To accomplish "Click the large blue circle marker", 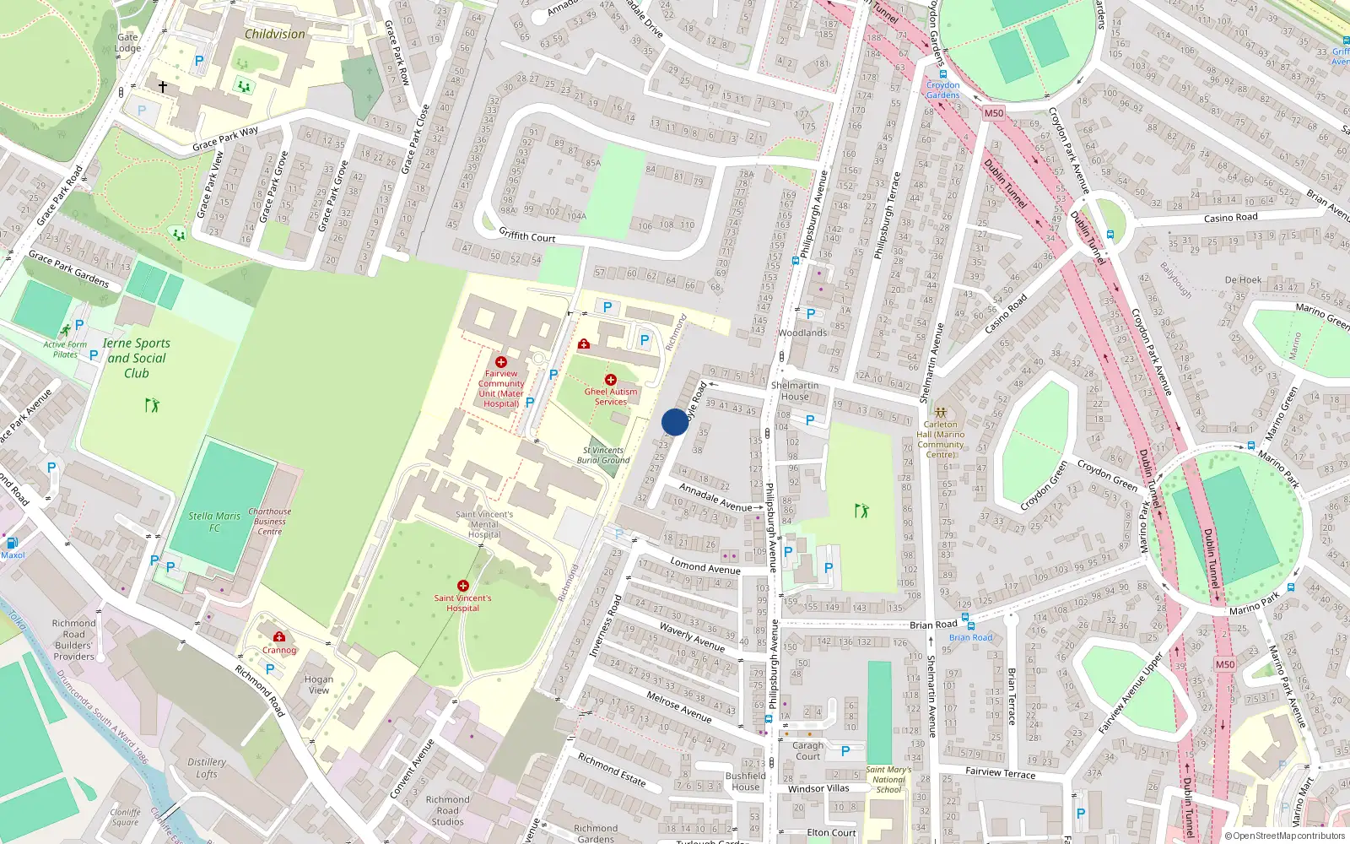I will tap(674, 422).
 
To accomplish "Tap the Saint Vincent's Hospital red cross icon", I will tap(462, 586).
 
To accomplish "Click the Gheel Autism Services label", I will tap(611, 396).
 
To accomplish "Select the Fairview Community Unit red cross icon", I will tap(501, 362).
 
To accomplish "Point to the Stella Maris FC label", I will tap(214, 522).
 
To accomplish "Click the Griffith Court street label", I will tap(527, 235).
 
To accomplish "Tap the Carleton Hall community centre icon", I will tap(940, 413).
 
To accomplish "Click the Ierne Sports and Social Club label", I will tap(137, 358).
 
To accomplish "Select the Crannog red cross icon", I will tap(279, 637).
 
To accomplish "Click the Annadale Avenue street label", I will tap(715, 498).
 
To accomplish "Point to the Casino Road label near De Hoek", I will tap(1230, 218).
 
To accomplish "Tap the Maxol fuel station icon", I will tap(12, 543).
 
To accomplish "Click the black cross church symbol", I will tap(163, 86).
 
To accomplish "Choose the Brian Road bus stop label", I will tap(971, 637).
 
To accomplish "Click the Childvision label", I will tap(275, 35).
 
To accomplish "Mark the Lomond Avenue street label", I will tap(705, 565).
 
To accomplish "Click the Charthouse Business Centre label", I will tap(270, 522).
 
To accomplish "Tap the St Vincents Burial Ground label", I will tap(603, 455).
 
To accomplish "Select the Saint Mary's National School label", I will tap(888, 780).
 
